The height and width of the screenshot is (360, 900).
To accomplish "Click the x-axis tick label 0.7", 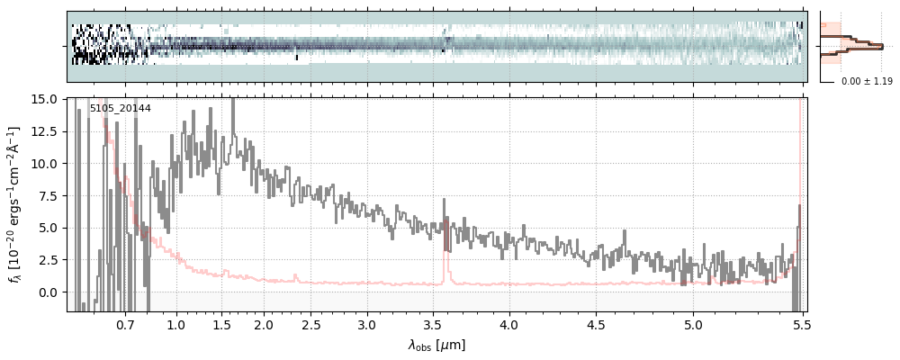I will (x=125, y=324).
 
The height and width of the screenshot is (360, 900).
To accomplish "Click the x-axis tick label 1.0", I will (x=176, y=324).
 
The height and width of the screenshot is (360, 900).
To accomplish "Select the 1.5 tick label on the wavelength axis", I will (x=221, y=324).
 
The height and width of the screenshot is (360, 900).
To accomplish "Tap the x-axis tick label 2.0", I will (x=264, y=324).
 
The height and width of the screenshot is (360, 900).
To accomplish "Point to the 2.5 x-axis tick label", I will (x=310, y=324).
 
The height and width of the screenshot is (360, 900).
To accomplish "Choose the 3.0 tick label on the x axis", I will (x=366, y=324).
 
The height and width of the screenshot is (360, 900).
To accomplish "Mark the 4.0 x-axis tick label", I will (x=509, y=324).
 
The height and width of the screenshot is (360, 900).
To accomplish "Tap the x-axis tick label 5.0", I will (x=693, y=324).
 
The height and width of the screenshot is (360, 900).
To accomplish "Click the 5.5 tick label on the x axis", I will (x=797, y=324).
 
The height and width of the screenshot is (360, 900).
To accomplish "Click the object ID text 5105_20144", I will (x=120, y=109).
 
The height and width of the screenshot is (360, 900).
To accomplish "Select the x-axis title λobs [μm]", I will (x=436, y=345).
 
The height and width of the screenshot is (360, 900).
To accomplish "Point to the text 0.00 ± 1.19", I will (x=866, y=82).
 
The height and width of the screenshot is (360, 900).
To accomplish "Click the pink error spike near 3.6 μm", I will (x=445, y=243).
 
